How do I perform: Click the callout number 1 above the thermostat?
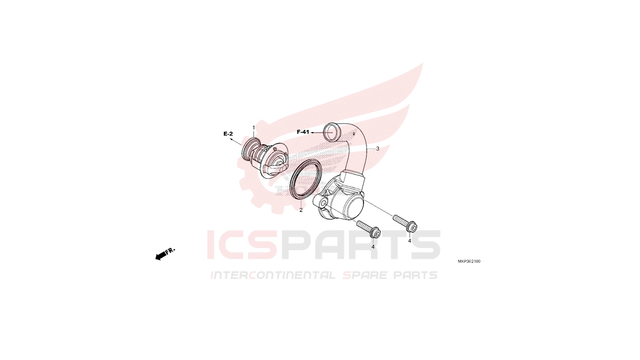pyautogui.click(x=253, y=127)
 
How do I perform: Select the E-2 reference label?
pyautogui.click(x=228, y=134)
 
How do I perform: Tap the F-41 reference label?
pyautogui.click(x=303, y=132)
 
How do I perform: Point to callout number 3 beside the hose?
pyautogui.click(x=378, y=149)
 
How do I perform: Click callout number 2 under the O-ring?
pyautogui.click(x=301, y=210)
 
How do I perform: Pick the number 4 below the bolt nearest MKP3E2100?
pyautogui.click(x=409, y=241)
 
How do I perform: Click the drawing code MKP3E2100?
pyautogui.click(x=469, y=262)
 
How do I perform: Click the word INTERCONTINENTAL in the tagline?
pyautogui.click(x=273, y=275)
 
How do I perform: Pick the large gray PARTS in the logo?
pyautogui.click(x=360, y=245)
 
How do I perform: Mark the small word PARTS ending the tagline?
pyautogui.click(x=415, y=275)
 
